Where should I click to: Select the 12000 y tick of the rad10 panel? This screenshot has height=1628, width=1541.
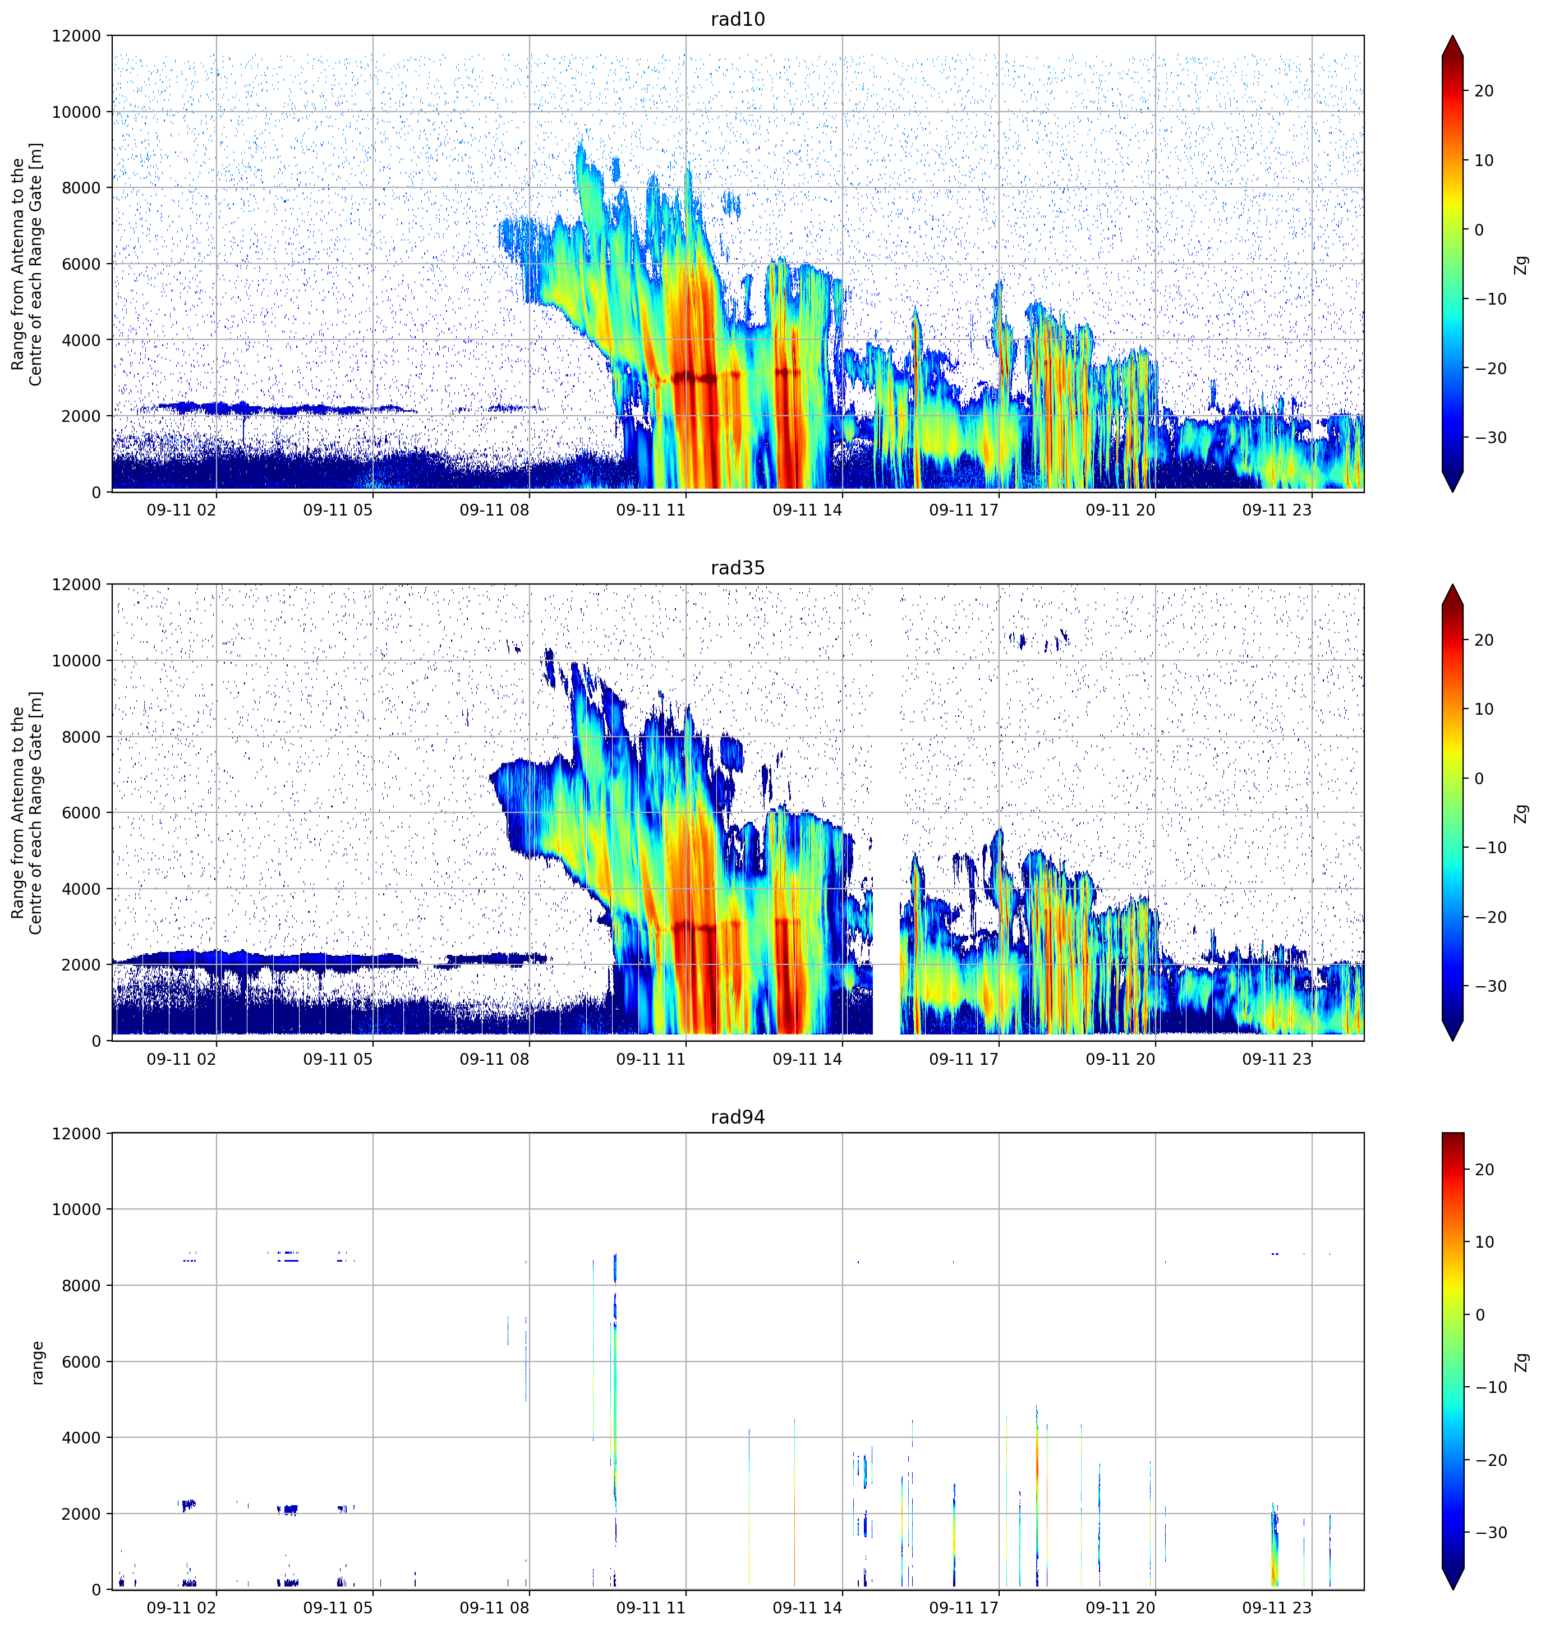click(x=76, y=36)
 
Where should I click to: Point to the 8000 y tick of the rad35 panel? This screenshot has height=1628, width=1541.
click(x=81, y=737)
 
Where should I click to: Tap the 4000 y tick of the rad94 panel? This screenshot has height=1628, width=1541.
click(x=81, y=1437)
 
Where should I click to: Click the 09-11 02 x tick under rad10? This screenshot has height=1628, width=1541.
click(x=182, y=510)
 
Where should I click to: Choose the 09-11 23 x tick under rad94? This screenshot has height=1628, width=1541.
click(x=1277, y=1607)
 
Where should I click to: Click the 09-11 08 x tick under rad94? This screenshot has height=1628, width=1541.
click(x=495, y=1607)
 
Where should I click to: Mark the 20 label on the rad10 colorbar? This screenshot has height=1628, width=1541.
click(x=1483, y=91)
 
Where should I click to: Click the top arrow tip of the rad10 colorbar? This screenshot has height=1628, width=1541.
click(x=1452, y=36)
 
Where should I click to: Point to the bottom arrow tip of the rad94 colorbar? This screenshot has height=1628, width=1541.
click(x=1452, y=1589)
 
